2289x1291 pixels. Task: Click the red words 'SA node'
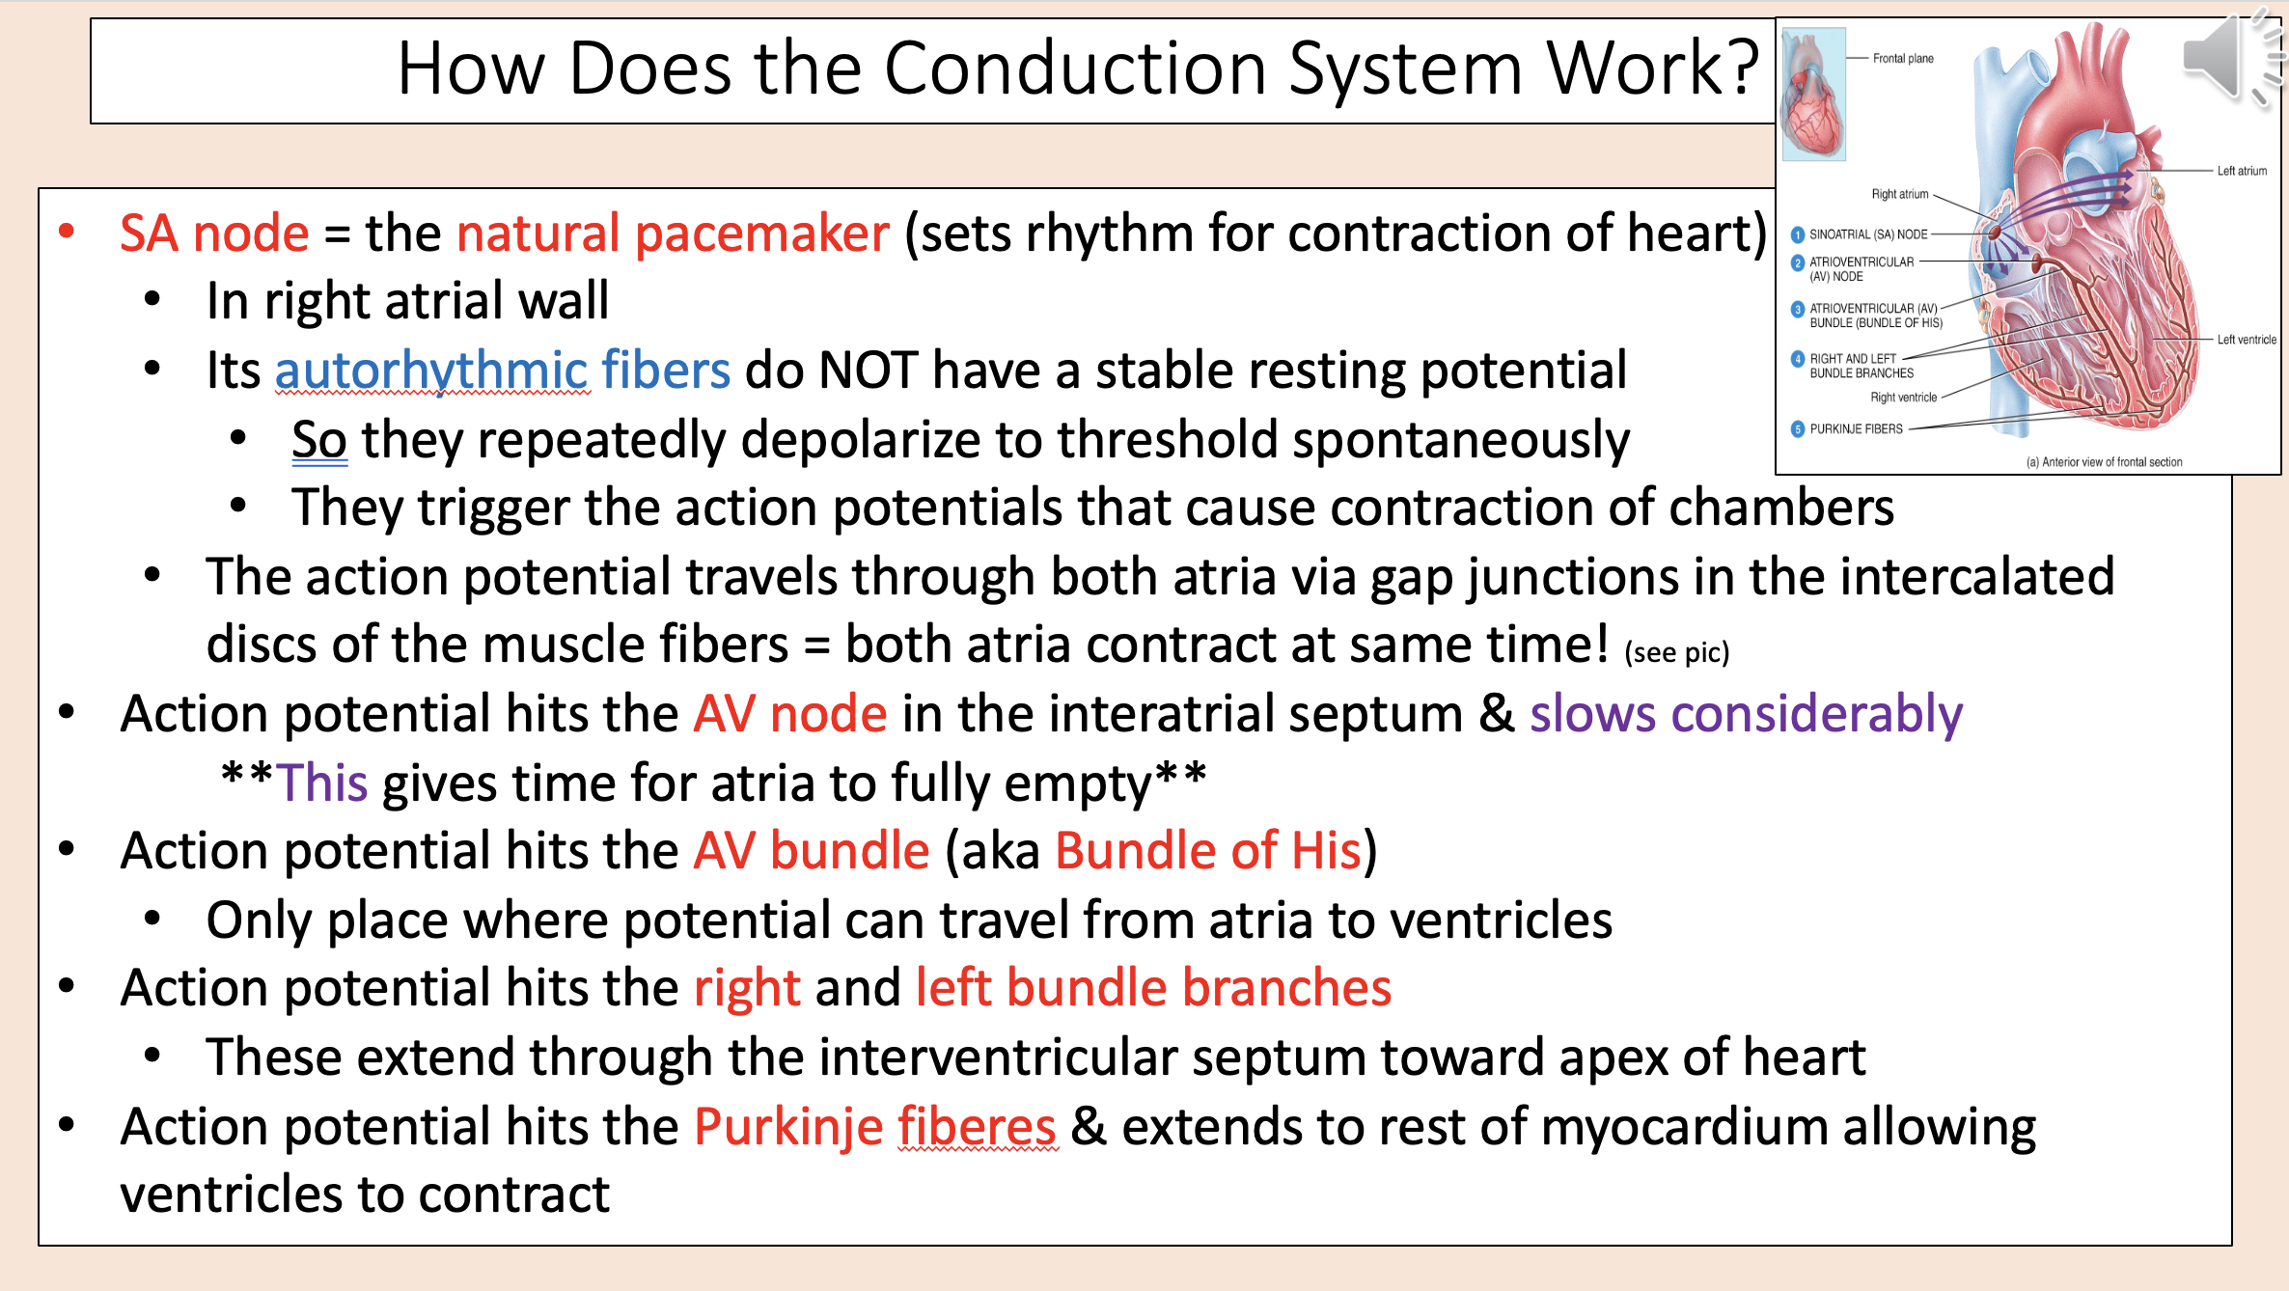click(x=214, y=233)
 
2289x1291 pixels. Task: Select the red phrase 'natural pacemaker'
click(x=673, y=234)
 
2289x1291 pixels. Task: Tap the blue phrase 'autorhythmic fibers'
click(x=503, y=371)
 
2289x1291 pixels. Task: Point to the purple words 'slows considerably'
click(x=1746, y=715)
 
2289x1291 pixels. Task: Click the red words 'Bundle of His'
click(x=1208, y=851)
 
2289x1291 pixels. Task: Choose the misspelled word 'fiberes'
click(x=978, y=1127)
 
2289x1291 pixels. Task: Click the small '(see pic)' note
click(x=1677, y=653)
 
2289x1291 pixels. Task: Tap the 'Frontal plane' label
click(x=1903, y=59)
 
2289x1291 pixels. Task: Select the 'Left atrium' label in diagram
click(x=2242, y=171)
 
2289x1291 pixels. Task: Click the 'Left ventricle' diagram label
click(x=2247, y=340)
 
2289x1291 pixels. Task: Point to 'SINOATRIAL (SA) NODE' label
click(x=1868, y=234)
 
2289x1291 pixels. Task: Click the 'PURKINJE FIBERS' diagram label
click(x=1856, y=429)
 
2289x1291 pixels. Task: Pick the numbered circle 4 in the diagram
click(x=1797, y=359)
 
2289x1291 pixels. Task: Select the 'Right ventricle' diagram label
click(x=1903, y=398)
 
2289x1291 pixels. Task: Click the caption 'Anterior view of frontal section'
click(x=2111, y=462)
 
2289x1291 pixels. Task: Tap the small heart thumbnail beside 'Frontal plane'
click(x=1813, y=94)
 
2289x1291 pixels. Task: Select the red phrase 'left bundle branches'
click(x=1153, y=989)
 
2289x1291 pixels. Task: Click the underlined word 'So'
click(x=319, y=440)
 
